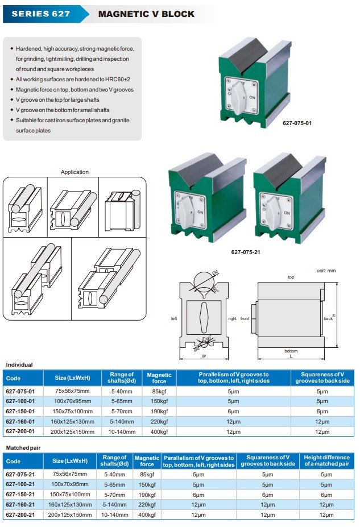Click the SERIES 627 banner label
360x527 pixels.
click(x=41, y=14)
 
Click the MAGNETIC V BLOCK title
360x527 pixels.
click(x=147, y=14)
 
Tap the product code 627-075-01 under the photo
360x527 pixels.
click(x=297, y=122)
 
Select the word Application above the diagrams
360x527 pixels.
click(x=75, y=172)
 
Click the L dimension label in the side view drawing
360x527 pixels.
click(x=291, y=357)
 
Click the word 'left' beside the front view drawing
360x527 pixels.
click(x=174, y=319)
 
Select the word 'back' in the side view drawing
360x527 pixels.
click(x=328, y=319)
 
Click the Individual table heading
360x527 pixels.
click(x=19, y=365)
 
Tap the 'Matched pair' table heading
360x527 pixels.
click(x=22, y=448)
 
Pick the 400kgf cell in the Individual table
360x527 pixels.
click(x=159, y=432)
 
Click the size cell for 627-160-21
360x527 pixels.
click(x=70, y=505)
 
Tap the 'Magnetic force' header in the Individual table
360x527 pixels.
click(x=159, y=378)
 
